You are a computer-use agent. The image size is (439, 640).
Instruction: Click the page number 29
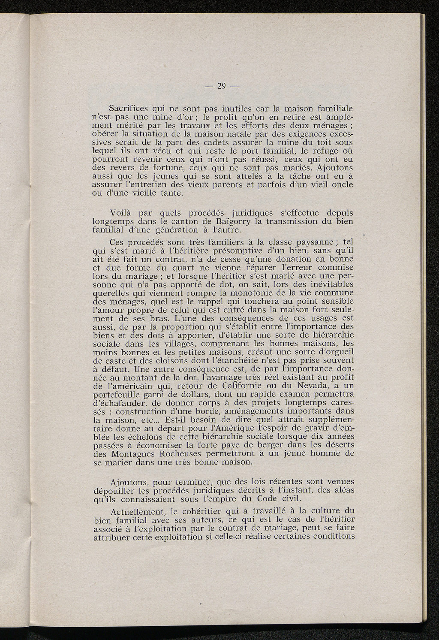tap(222, 86)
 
